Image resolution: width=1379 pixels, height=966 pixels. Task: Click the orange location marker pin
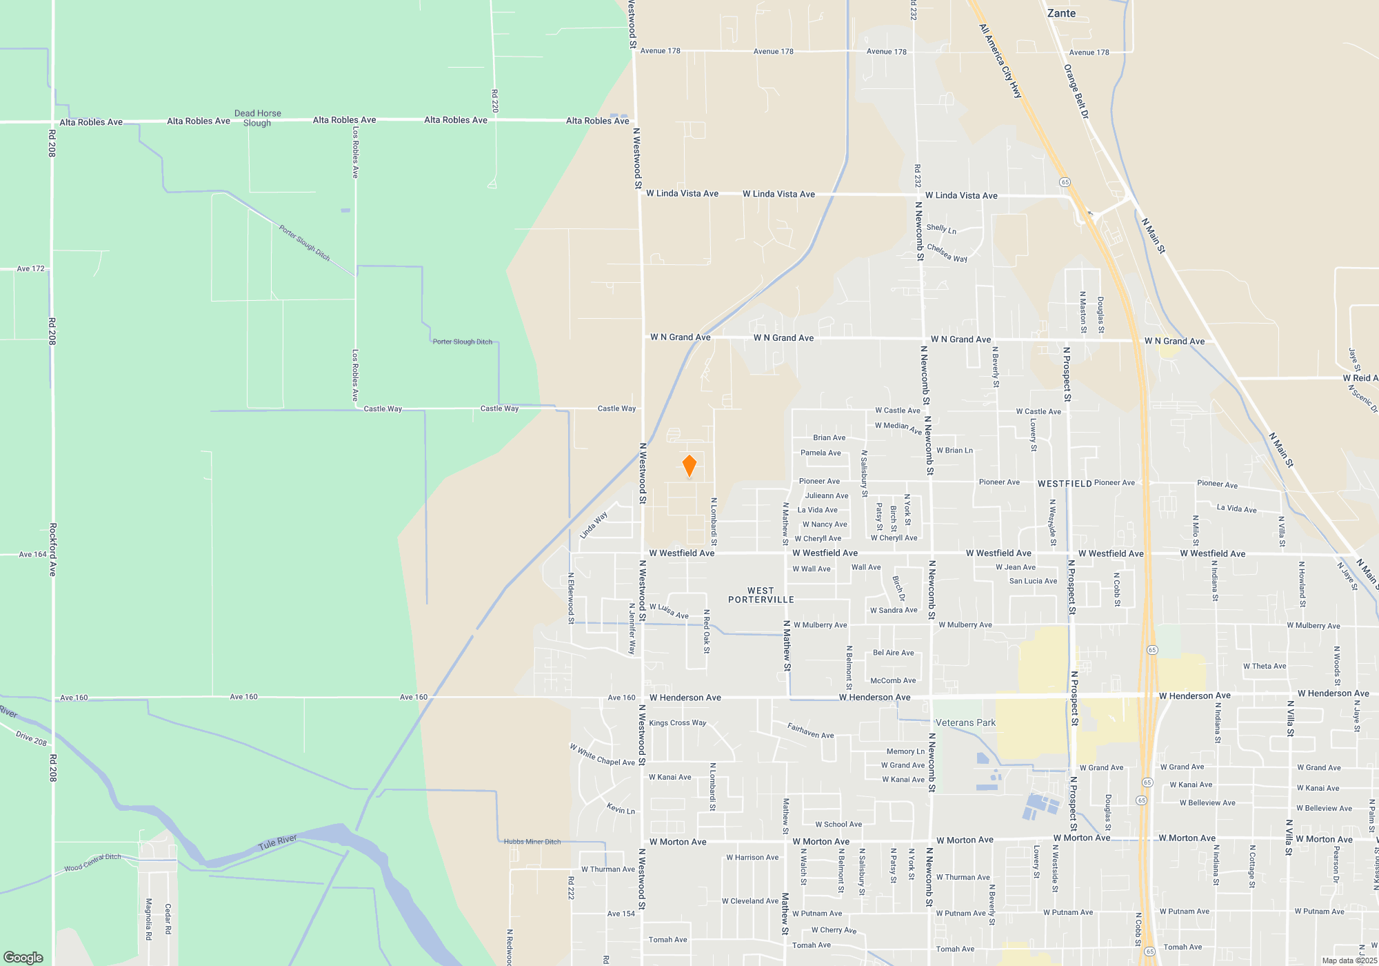[x=689, y=466]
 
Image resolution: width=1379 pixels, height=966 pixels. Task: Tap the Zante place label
[x=1061, y=13]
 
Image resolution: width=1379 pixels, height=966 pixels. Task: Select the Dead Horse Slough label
[x=257, y=118]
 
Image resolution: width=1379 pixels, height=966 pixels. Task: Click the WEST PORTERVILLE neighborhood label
[x=761, y=595]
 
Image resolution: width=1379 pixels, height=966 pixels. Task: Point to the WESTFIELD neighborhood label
[x=1065, y=484]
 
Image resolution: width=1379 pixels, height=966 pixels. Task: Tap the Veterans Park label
[x=965, y=722]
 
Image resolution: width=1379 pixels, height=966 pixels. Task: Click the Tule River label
[x=277, y=842]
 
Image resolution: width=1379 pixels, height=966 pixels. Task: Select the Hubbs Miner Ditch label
[x=532, y=842]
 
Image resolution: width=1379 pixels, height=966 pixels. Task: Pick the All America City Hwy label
[x=1000, y=61]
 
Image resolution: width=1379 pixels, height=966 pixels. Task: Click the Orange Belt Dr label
[x=1076, y=91]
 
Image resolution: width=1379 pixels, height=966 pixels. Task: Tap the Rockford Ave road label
[x=53, y=549]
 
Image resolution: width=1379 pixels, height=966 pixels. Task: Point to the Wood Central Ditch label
[x=92, y=862]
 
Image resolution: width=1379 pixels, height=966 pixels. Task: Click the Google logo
[x=23, y=958]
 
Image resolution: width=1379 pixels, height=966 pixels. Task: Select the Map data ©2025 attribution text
[x=1349, y=960]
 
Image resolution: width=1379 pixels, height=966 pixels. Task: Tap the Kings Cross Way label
[x=677, y=723]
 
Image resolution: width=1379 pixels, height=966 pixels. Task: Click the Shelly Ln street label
[x=941, y=228]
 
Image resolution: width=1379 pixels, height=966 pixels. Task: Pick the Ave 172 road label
[x=30, y=268]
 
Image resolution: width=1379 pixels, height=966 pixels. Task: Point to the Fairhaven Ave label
[x=811, y=730]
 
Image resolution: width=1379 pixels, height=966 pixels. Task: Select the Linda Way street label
[x=594, y=525]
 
